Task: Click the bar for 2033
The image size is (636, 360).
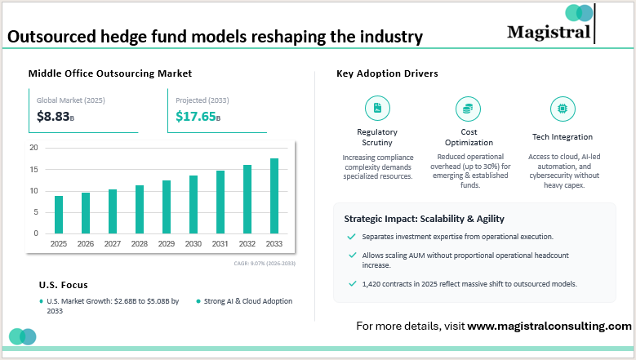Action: (274, 196)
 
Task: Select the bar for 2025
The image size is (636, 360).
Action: (59, 215)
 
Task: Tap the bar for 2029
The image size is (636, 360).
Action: (167, 207)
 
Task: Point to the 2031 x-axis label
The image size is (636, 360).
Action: (220, 244)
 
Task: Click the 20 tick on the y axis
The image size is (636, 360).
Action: (33, 148)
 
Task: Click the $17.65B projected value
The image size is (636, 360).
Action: (198, 117)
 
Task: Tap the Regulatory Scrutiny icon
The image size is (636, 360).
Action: (377, 108)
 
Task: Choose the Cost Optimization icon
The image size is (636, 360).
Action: (468, 108)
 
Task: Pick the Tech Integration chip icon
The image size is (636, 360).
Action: (562, 108)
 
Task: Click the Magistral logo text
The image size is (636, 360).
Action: (548, 33)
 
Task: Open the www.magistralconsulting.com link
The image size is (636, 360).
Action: (549, 326)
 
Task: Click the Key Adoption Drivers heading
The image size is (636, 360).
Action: (387, 73)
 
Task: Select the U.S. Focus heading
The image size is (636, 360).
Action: (64, 285)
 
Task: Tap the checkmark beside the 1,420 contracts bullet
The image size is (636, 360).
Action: (352, 283)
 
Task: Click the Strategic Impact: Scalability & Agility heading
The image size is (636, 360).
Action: (424, 219)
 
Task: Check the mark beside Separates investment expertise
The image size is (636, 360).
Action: (352, 237)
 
